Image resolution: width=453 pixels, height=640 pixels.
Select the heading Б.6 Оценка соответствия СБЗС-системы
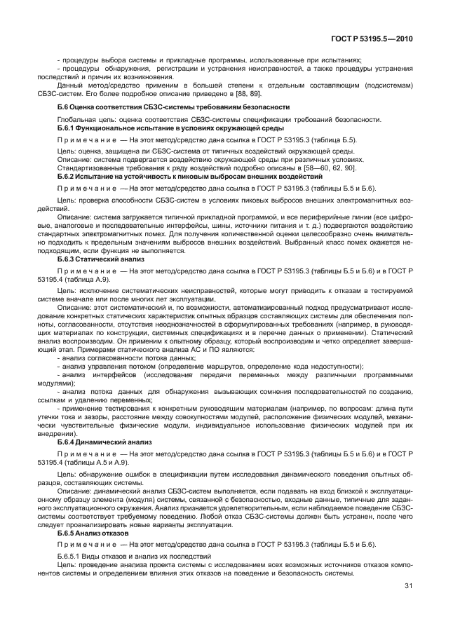[173, 107]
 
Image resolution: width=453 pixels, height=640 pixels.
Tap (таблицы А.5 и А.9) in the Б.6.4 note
[110, 463]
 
